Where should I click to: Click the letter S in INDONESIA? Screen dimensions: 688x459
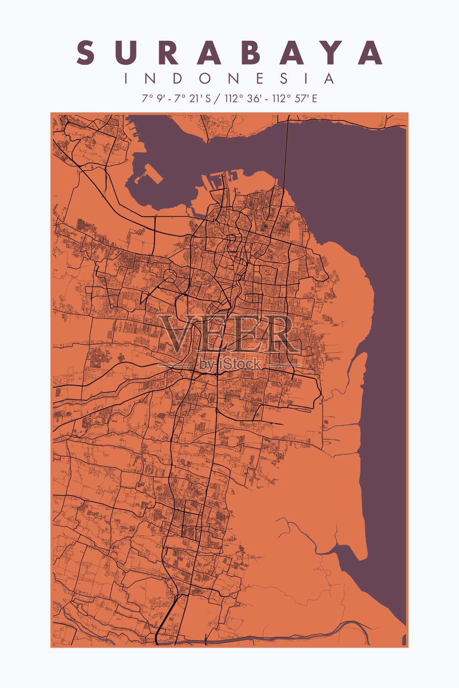[x=284, y=79]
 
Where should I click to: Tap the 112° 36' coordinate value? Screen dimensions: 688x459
[x=242, y=98]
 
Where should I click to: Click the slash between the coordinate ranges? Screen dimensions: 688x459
[x=217, y=98]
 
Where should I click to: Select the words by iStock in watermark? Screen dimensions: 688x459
[x=230, y=364]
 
